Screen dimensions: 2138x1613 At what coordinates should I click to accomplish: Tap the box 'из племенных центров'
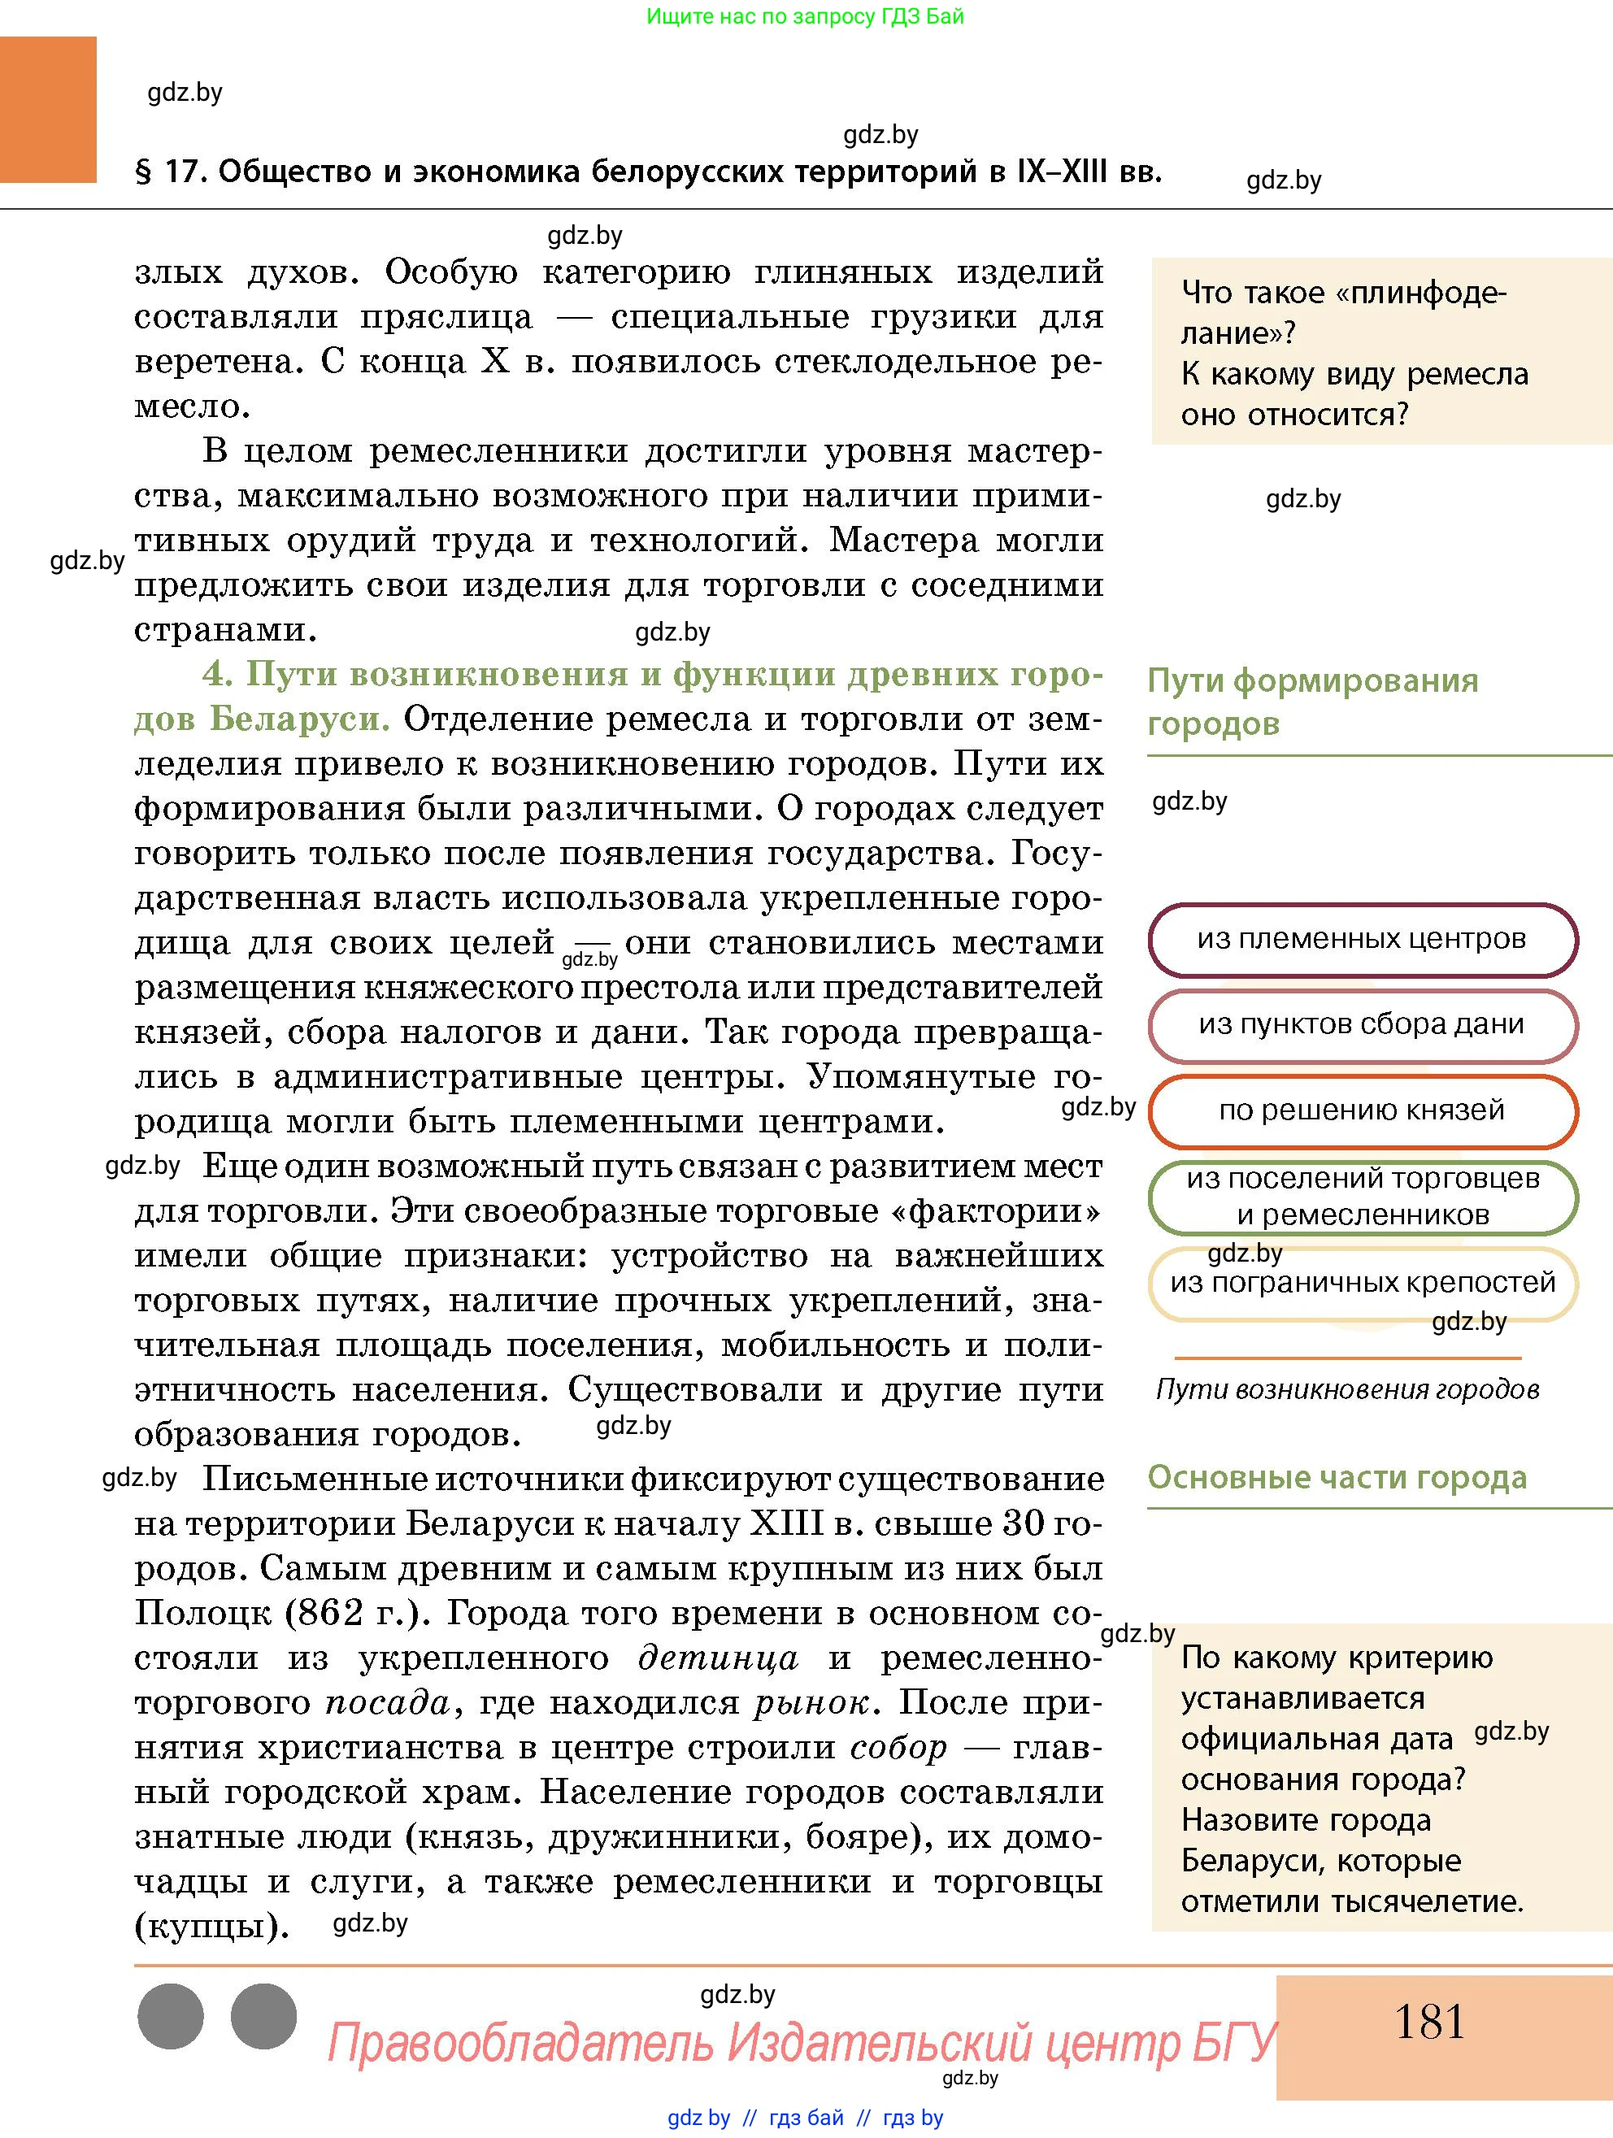point(1362,940)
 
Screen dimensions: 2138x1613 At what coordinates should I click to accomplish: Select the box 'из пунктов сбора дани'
point(1362,1024)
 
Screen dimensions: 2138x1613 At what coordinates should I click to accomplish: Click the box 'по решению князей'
point(1362,1110)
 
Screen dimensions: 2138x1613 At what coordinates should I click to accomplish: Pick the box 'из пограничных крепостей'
point(1362,1284)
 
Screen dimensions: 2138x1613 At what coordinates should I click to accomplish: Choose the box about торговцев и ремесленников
point(1362,1197)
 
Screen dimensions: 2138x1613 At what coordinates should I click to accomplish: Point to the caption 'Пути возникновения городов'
point(1347,1390)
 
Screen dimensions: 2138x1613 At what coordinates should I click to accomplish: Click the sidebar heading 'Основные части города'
point(1337,1478)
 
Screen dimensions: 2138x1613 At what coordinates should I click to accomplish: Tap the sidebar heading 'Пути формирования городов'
point(1311,702)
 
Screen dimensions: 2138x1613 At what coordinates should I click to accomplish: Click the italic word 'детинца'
point(718,1658)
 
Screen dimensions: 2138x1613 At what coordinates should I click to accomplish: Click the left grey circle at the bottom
point(171,2017)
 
